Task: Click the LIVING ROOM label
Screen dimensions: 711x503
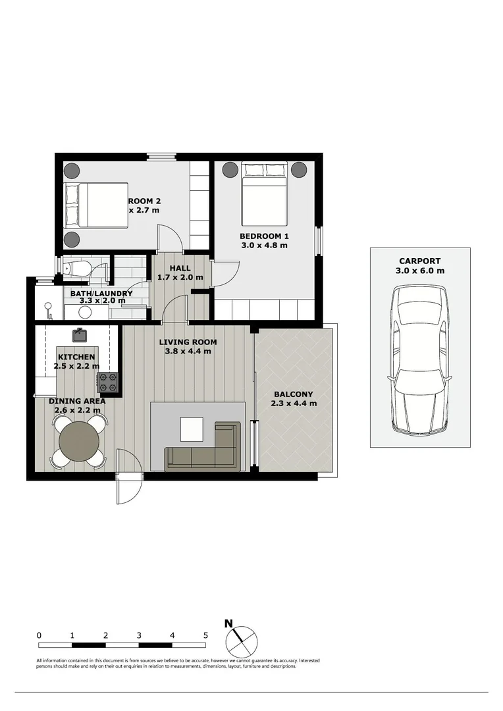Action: coord(188,342)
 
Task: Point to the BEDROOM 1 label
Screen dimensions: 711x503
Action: coord(264,236)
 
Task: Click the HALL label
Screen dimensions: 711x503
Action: coord(180,269)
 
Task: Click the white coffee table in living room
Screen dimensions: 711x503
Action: coord(193,429)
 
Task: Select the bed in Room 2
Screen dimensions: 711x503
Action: coord(95,205)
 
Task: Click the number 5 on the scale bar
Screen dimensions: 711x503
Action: coord(206,635)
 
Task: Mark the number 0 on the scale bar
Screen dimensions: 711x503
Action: coord(40,635)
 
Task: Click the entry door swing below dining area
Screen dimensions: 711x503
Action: coord(129,477)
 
